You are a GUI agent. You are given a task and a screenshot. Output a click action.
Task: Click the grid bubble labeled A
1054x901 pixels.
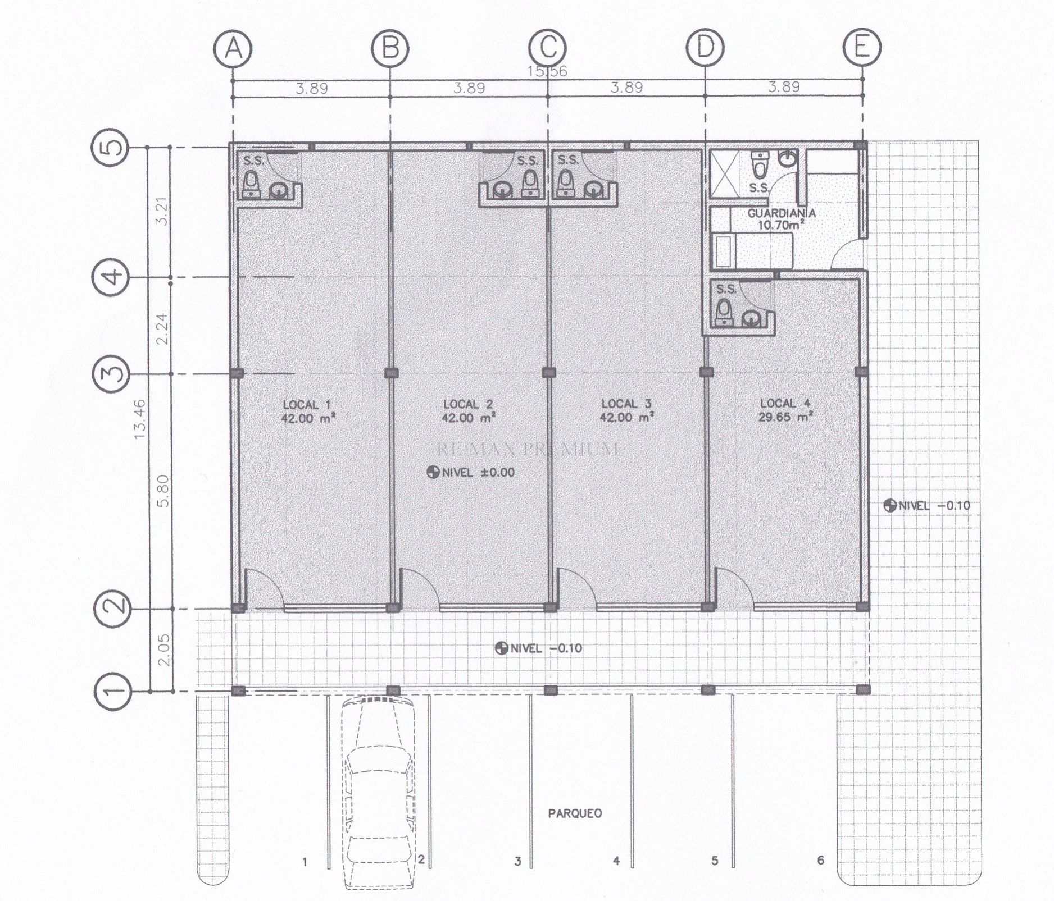tap(233, 49)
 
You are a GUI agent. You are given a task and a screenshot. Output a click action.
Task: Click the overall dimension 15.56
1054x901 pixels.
tap(547, 72)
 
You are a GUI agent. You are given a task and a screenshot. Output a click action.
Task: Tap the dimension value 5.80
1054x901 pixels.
tap(163, 491)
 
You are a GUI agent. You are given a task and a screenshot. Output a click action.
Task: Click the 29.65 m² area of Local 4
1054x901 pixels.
tap(786, 417)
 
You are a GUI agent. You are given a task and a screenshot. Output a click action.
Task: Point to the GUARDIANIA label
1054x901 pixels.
tap(782, 213)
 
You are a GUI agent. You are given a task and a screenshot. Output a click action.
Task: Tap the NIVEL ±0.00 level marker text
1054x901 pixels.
tap(471, 472)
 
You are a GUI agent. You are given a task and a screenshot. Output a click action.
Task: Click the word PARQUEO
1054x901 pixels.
tap(575, 813)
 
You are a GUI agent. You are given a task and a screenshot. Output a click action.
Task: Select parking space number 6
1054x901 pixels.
tap(820, 860)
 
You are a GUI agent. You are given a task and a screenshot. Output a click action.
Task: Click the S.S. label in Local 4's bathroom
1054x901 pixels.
tap(726, 290)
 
